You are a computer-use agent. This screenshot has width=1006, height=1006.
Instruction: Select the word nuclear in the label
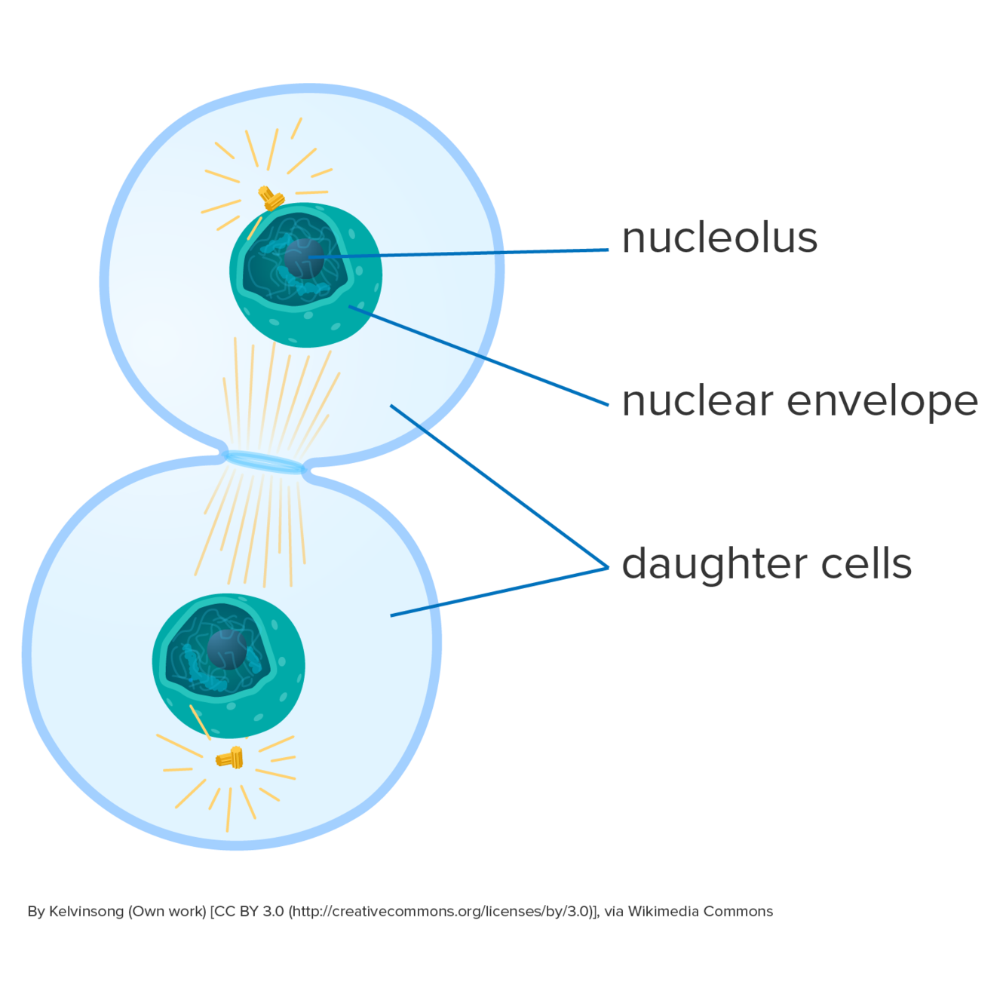click(x=698, y=401)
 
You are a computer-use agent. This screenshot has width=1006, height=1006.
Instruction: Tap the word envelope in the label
click(x=882, y=403)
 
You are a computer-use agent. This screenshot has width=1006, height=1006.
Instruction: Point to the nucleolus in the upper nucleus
click(x=303, y=257)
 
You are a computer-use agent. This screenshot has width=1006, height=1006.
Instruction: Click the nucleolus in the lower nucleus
click(x=225, y=649)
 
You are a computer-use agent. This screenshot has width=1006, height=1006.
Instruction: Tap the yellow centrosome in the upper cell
click(x=271, y=198)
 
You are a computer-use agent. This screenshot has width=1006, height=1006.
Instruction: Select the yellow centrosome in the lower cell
click(x=230, y=757)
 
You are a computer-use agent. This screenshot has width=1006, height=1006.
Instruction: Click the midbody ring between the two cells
click(x=264, y=462)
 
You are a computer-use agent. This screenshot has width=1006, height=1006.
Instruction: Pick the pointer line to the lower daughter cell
click(x=498, y=592)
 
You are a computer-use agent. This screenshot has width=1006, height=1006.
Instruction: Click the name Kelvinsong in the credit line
click(x=86, y=912)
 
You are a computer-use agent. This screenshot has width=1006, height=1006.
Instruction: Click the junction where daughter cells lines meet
click(x=607, y=568)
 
